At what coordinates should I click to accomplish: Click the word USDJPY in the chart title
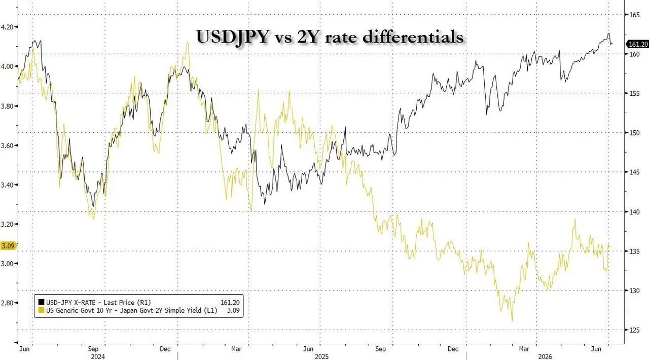(x=232, y=37)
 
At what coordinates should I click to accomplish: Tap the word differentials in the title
(x=413, y=37)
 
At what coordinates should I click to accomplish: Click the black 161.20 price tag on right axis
(x=637, y=44)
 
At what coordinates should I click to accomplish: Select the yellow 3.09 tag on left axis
(x=9, y=246)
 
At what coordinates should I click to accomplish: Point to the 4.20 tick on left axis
(x=7, y=27)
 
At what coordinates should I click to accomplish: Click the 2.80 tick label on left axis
(x=7, y=303)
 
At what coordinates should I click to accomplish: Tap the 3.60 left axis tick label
(x=7, y=145)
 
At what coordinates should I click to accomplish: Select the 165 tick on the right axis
(x=634, y=15)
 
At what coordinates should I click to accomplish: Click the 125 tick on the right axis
(x=634, y=330)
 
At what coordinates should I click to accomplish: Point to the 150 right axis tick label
(x=634, y=133)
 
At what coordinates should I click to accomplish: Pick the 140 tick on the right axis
(x=634, y=212)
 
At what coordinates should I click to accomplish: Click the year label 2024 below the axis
(x=98, y=356)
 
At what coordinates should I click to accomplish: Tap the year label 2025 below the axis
(x=321, y=356)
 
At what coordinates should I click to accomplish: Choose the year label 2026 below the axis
(x=545, y=356)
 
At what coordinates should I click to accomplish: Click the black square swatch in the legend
(x=41, y=302)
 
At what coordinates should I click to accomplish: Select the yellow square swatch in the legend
(x=41, y=310)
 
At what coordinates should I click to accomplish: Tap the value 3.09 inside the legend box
(x=233, y=310)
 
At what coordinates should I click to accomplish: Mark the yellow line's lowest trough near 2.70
(x=512, y=321)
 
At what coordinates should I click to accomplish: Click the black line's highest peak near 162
(x=608, y=33)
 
